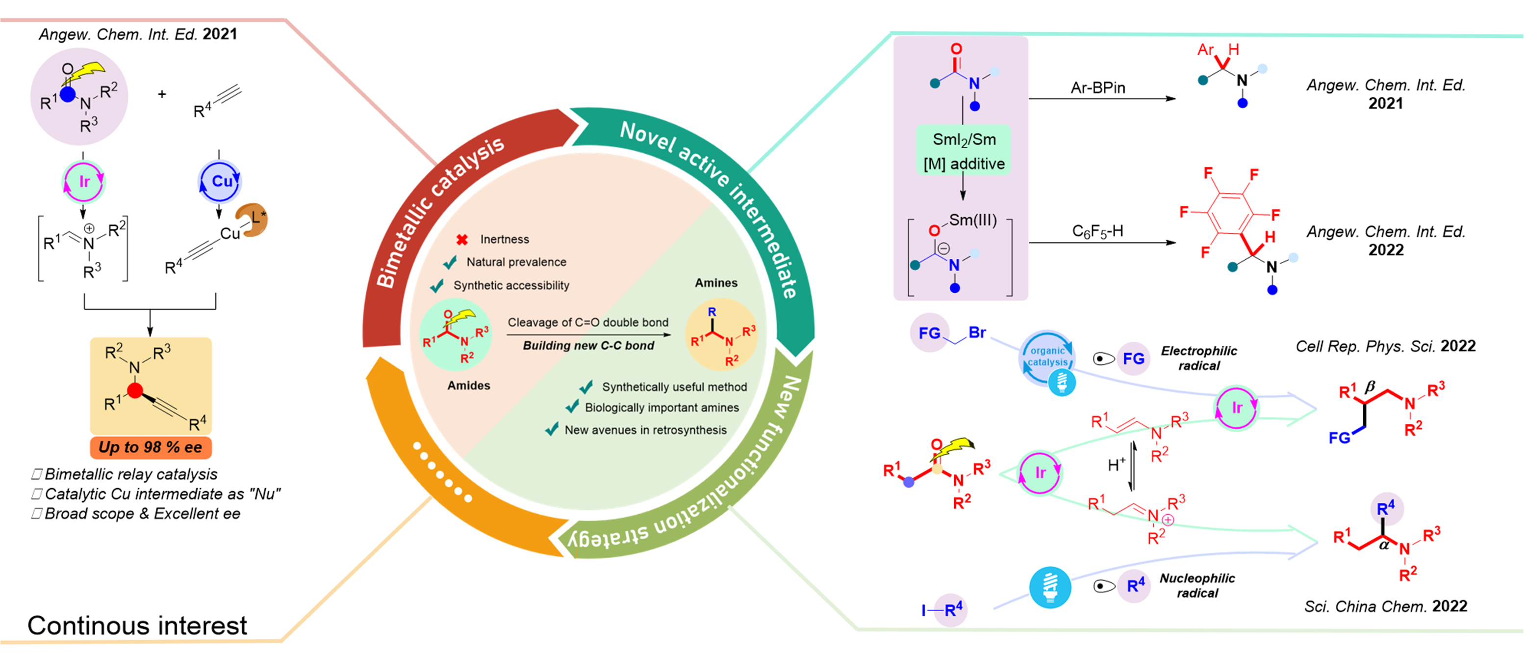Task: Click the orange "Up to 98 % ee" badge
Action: (x=151, y=447)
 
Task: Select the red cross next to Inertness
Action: (x=462, y=240)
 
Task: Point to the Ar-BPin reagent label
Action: (x=1098, y=88)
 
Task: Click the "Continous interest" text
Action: (x=137, y=626)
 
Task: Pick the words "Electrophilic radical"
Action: (x=1198, y=358)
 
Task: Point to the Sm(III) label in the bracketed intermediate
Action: (x=973, y=220)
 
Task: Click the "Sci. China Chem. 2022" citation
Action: (x=1385, y=606)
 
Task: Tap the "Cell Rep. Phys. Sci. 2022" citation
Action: (x=1385, y=346)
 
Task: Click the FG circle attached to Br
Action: (x=929, y=332)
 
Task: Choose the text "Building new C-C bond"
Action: (x=588, y=346)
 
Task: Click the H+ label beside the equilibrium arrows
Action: (x=1116, y=465)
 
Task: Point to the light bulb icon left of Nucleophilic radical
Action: (x=1050, y=587)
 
